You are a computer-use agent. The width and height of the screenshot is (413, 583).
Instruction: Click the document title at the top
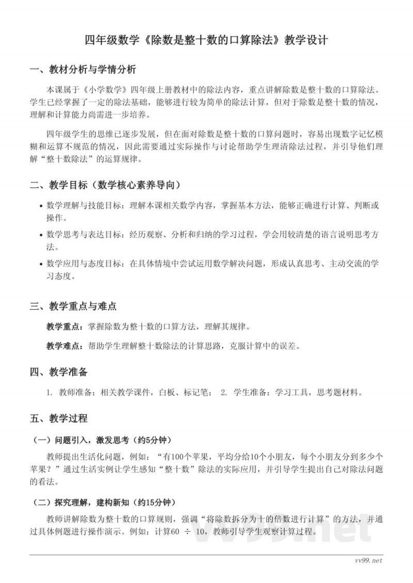point(206,40)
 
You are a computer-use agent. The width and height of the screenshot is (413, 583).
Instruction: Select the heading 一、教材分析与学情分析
point(83,70)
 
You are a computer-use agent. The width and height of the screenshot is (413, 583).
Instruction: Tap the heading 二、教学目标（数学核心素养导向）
point(105,185)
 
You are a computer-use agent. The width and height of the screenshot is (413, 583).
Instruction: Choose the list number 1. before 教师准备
point(50,393)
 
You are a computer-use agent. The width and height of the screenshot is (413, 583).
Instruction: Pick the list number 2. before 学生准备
point(224,393)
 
